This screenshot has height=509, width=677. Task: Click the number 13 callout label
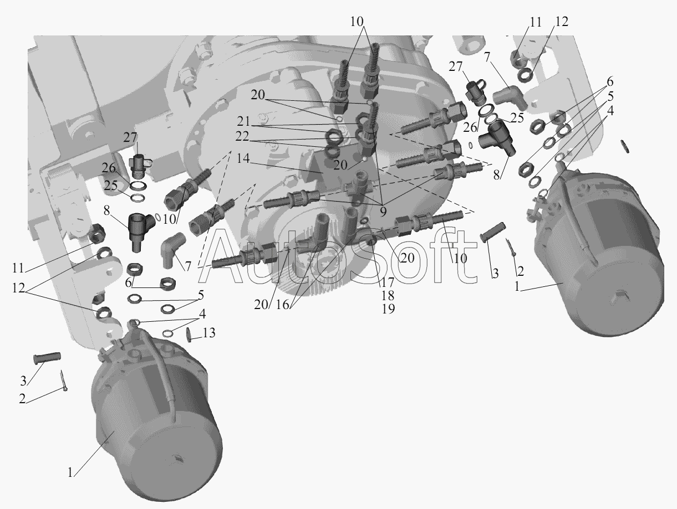pos(209,333)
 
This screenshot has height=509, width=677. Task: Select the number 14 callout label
pos(243,158)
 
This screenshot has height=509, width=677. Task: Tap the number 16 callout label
pos(282,305)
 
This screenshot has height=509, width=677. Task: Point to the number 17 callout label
pos(388,282)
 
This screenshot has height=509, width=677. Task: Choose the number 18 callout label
pos(388,295)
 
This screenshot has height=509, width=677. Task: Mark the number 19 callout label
pos(388,309)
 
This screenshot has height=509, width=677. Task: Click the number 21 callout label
pos(243,121)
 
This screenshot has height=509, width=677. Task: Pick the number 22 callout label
pos(242,136)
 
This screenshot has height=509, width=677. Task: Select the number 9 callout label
pos(383,212)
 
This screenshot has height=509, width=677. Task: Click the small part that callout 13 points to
pos(189,335)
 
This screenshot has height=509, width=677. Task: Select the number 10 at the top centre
pos(357,22)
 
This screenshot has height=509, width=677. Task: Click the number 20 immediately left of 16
pos(261,305)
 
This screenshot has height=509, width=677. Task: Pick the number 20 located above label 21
pos(258,95)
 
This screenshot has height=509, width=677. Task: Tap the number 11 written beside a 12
pos(536,22)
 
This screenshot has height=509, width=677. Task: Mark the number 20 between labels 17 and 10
pos(407,258)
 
